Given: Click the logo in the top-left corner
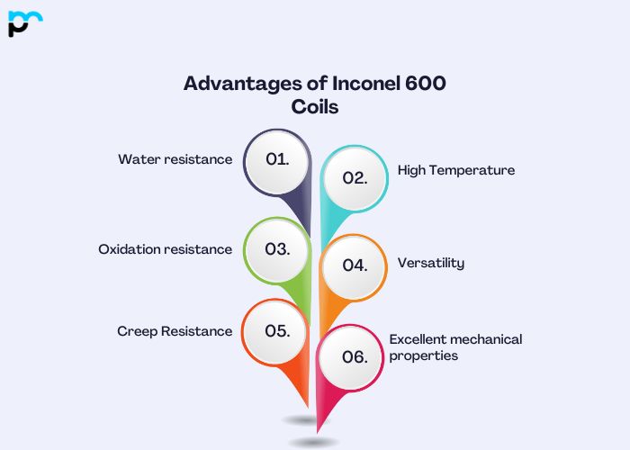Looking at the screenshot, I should click(24, 23).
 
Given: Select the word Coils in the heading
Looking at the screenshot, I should click(315, 106).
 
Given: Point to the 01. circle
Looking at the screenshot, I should click(278, 160).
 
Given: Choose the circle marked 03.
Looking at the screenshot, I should click(278, 249).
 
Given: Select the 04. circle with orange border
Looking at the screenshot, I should click(355, 265).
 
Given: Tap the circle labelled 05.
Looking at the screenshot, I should click(278, 331).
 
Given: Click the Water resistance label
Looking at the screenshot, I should click(175, 159).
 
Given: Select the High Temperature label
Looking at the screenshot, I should click(456, 169).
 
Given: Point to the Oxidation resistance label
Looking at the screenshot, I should click(165, 249).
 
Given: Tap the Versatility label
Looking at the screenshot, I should click(431, 263).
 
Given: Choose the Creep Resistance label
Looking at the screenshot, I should click(175, 331).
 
